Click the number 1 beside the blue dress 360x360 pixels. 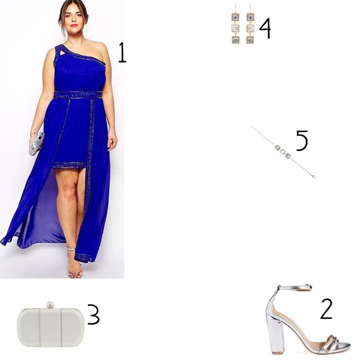[123, 52]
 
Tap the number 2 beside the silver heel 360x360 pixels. [327, 309]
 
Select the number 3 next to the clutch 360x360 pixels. [93, 315]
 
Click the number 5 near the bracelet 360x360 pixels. [302, 140]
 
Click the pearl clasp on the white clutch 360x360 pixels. [50, 305]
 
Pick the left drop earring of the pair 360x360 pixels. [236, 25]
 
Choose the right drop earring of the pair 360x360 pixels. [250, 25]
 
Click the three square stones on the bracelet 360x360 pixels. [283, 151]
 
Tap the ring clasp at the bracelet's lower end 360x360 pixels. [314, 176]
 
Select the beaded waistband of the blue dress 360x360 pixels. [78, 95]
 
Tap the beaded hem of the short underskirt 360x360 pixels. [69, 165]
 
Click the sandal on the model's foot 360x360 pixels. [74, 264]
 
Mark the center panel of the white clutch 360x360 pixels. [50, 327]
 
